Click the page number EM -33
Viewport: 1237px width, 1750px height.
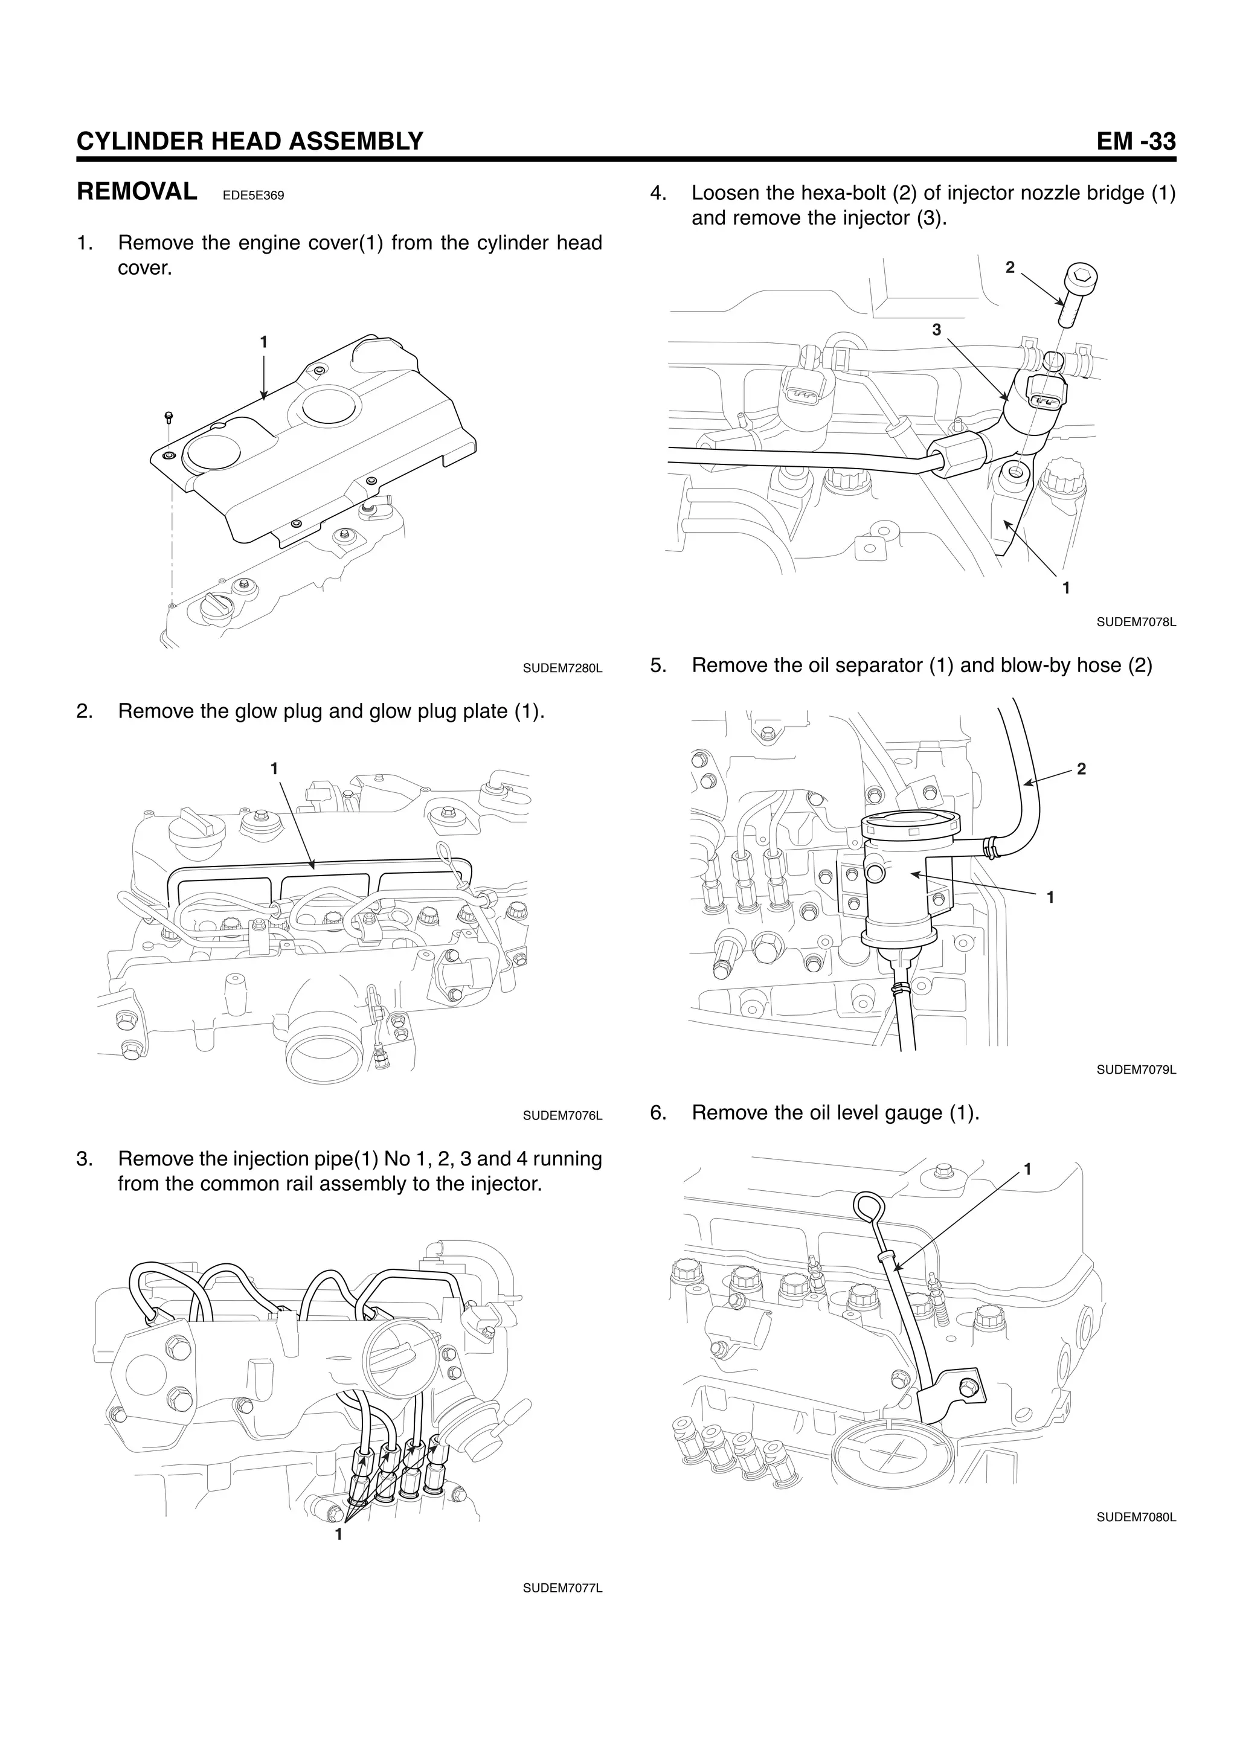pos(1136,141)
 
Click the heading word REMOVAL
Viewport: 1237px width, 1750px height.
pos(137,191)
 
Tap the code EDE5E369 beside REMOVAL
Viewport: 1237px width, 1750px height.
pos(253,196)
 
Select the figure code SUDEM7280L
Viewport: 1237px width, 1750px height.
pos(562,668)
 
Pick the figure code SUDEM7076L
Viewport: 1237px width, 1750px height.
pos(562,1116)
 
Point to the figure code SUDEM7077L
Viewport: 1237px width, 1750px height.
pos(562,1588)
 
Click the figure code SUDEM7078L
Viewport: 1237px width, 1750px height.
pos(1136,622)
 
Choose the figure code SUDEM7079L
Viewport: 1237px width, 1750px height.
pos(1136,1070)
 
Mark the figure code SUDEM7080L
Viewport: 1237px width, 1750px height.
pos(1136,1518)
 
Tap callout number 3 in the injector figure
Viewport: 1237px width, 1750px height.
pos(937,329)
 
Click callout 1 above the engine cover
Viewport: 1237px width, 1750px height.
pos(264,342)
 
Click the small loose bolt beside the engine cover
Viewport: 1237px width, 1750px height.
pos(169,418)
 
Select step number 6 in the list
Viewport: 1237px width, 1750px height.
pos(658,1113)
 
